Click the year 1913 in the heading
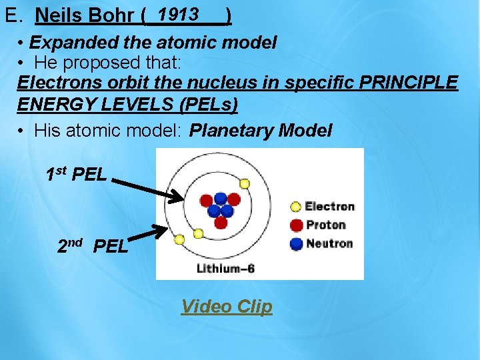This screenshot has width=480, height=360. tap(177, 13)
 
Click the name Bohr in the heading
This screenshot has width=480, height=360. tap(108, 15)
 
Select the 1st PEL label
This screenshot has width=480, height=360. tap(76, 175)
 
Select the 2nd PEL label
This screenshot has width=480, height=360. tap(93, 246)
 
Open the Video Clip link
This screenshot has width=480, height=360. tap(227, 307)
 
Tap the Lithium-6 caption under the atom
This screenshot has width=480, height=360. tap(226, 269)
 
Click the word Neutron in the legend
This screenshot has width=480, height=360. tap(329, 243)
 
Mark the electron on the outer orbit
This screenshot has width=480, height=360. tap(179, 239)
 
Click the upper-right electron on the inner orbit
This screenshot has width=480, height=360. tap(245, 183)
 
